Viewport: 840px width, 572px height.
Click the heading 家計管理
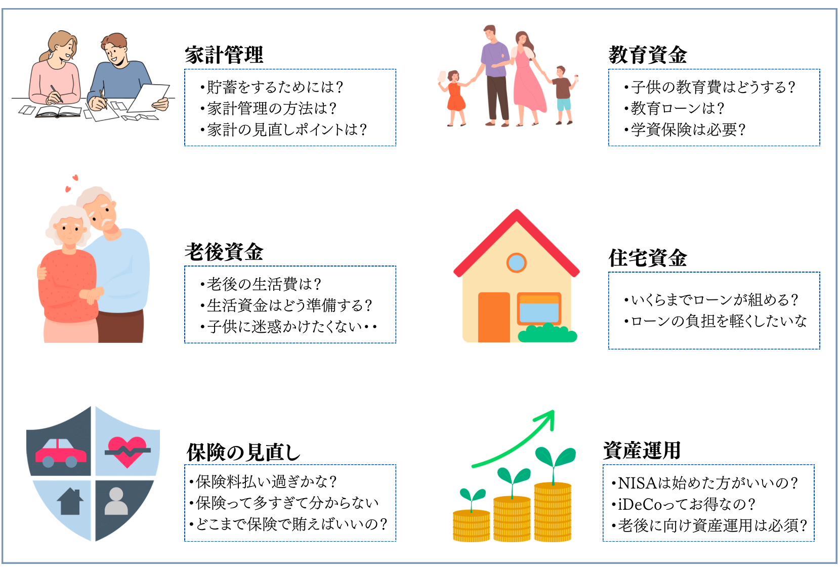[x=224, y=55]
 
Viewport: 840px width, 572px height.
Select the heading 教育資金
[x=648, y=55]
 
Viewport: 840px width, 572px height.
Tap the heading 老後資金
[x=224, y=252]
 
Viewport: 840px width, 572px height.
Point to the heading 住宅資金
[x=648, y=258]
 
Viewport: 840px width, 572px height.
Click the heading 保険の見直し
[x=244, y=452]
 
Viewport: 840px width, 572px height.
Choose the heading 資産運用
[x=642, y=450]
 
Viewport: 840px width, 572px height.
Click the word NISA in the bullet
[x=637, y=483]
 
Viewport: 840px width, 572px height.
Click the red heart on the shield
[x=128, y=452]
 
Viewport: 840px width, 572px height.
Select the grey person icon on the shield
[x=116, y=501]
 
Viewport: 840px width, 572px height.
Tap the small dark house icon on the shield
[x=70, y=501]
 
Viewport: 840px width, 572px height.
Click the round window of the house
[x=516, y=263]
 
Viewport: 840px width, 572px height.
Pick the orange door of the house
[x=494, y=317]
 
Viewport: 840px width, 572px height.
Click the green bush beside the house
[x=548, y=333]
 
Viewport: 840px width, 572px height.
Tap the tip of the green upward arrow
[x=554, y=411]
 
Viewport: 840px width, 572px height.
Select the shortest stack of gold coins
[x=472, y=525]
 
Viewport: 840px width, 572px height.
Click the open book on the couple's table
[x=59, y=111]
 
